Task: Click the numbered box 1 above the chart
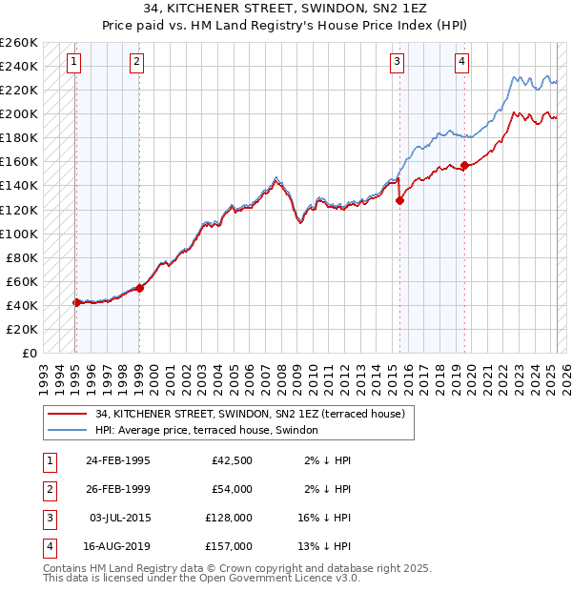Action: click(x=74, y=62)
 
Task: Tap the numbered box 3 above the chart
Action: click(x=397, y=62)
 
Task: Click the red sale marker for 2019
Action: click(x=464, y=165)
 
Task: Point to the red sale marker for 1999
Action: click(x=139, y=287)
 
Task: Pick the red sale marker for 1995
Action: click(x=76, y=302)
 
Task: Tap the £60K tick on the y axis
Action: click(x=22, y=281)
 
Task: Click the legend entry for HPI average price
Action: click(x=211, y=430)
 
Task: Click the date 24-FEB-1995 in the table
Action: click(x=117, y=461)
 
